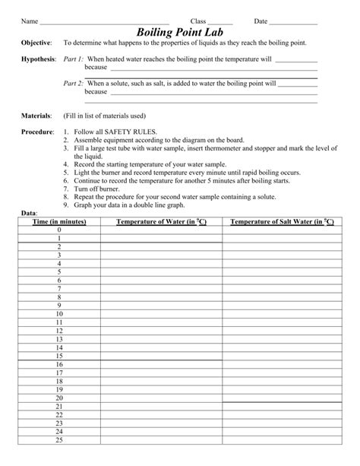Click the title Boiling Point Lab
(x=179, y=32)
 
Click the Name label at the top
(x=30, y=21)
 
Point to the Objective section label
(x=36, y=44)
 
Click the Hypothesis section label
(x=39, y=59)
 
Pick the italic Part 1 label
(x=74, y=59)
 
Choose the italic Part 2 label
(x=74, y=85)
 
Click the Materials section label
(x=36, y=116)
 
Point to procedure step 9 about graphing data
(x=133, y=205)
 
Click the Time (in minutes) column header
(x=58, y=221)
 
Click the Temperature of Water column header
(x=160, y=221)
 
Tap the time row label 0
(x=58, y=230)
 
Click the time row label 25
(x=58, y=439)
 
